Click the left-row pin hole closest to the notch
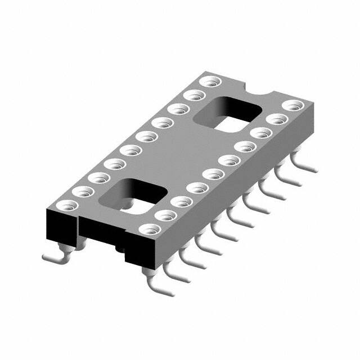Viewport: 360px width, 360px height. (x=211, y=82)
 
